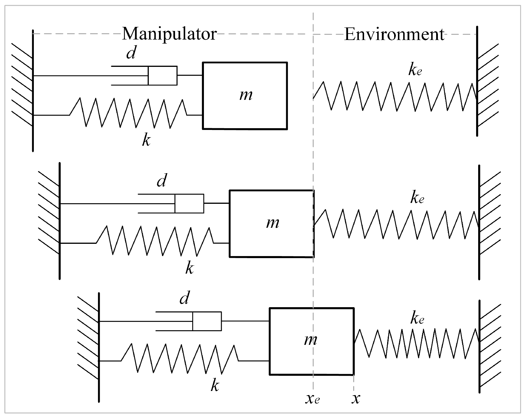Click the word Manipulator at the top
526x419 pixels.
coord(169,34)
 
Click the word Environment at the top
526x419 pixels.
coord(394,34)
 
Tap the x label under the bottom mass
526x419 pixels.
coord(356,399)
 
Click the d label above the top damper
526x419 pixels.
coord(131,53)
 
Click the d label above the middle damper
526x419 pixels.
coord(162,181)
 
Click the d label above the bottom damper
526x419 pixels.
coord(184,298)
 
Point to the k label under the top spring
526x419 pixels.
coord(146,140)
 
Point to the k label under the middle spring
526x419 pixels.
coord(189,268)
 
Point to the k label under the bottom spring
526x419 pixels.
coord(215,386)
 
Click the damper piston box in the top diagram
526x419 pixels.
coord(162,76)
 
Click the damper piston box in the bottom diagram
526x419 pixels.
coord(207,321)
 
